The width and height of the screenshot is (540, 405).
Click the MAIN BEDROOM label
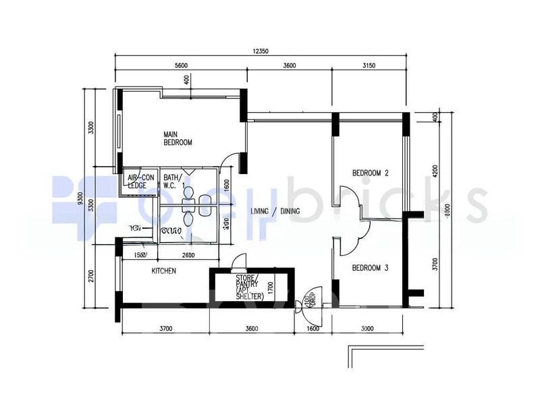pyautogui.click(x=178, y=138)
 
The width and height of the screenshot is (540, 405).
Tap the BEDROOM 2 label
pyautogui.click(x=371, y=173)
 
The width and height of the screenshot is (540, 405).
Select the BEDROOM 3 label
pyautogui.click(x=371, y=267)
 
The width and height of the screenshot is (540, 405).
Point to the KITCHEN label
pyautogui.click(x=163, y=271)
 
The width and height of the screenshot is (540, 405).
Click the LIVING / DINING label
pyautogui.click(x=275, y=211)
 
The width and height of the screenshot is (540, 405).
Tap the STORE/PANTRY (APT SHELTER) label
pyautogui.click(x=249, y=287)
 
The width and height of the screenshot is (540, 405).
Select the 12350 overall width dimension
pyautogui.click(x=261, y=52)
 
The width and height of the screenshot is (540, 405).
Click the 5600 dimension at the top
pyautogui.click(x=180, y=65)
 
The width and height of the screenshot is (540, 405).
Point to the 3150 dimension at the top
pyautogui.click(x=369, y=65)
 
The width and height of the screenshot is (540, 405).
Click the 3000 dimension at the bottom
pyautogui.click(x=367, y=329)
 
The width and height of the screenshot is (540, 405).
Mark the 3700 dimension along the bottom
pyautogui.click(x=166, y=329)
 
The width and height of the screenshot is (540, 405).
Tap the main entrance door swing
pyautogui.click(x=313, y=299)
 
